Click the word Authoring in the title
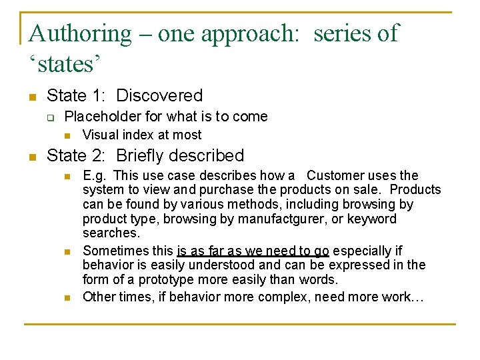[81, 33]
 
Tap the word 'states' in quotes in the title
[65, 65]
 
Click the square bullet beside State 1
[31, 97]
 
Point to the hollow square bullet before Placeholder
[50, 118]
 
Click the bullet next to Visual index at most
[67, 135]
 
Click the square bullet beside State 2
[31, 157]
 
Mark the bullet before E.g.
[67, 177]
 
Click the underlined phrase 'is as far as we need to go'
[253, 251]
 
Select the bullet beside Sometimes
[67, 252]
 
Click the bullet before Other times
[67, 297]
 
